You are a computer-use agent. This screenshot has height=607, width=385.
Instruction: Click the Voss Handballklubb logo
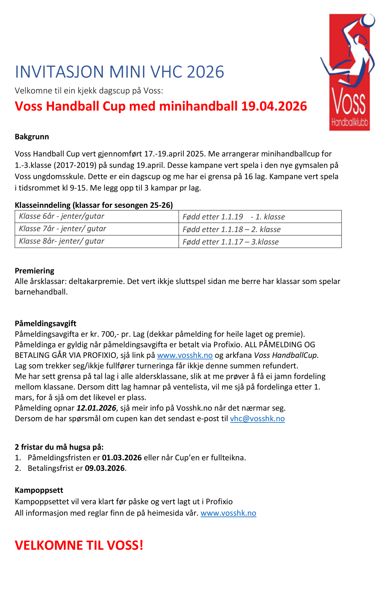348,72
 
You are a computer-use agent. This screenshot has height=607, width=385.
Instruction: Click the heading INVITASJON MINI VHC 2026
119,72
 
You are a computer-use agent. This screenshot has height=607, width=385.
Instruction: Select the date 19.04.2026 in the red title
274,106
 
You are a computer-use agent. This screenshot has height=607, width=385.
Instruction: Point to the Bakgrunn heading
32,137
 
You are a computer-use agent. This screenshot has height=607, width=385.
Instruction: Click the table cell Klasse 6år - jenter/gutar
97,216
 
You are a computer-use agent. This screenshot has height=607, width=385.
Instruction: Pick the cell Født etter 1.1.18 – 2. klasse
260,229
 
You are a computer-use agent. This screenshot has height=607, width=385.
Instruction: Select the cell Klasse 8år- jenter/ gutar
97,242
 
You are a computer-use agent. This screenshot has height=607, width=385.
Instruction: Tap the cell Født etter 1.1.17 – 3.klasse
260,242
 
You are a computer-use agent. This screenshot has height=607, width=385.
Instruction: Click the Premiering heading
35,271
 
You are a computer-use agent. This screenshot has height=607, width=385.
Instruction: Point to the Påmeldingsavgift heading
46,323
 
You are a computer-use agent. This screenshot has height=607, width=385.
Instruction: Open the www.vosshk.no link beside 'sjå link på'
185,355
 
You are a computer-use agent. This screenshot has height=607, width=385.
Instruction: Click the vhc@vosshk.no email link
258,418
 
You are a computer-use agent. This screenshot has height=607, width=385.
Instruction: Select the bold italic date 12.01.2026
96,408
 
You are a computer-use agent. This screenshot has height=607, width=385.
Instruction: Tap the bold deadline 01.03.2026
122,458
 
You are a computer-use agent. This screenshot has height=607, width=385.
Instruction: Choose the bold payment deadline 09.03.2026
105,468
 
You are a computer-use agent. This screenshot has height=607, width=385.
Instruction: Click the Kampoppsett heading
39,490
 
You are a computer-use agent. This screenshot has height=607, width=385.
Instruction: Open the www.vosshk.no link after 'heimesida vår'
229,513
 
